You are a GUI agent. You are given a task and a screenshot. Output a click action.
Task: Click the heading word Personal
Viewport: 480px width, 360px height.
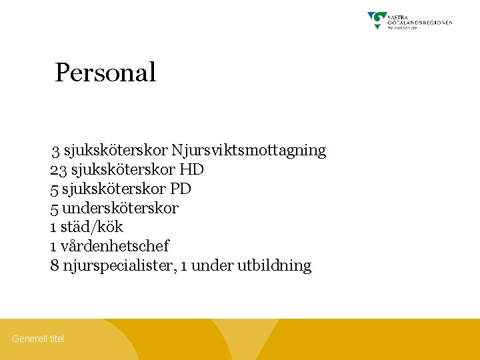pos(105,73)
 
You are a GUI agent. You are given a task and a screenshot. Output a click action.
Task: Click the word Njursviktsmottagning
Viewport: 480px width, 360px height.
pos(249,151)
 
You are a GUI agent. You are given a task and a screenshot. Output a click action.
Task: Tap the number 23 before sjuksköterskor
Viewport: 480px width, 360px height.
pos(57,170)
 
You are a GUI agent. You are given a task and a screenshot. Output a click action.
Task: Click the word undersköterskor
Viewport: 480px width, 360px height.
pos(120,209)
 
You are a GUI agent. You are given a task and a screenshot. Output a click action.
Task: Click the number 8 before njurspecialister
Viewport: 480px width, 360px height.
pos(54,266)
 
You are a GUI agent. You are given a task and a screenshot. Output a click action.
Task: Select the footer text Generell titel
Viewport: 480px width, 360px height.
pos(38,339)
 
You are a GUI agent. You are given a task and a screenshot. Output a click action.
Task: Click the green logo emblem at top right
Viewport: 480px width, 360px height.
pos(377,19)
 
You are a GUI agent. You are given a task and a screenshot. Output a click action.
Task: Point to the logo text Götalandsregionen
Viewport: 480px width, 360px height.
pos(420,22)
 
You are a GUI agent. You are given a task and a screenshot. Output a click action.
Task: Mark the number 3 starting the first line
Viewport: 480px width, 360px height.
pos(56,151)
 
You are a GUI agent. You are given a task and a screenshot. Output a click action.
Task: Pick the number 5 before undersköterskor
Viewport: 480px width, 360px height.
pos(54,209)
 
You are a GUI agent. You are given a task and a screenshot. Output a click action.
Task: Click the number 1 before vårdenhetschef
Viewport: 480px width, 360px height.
pos(53,247)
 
